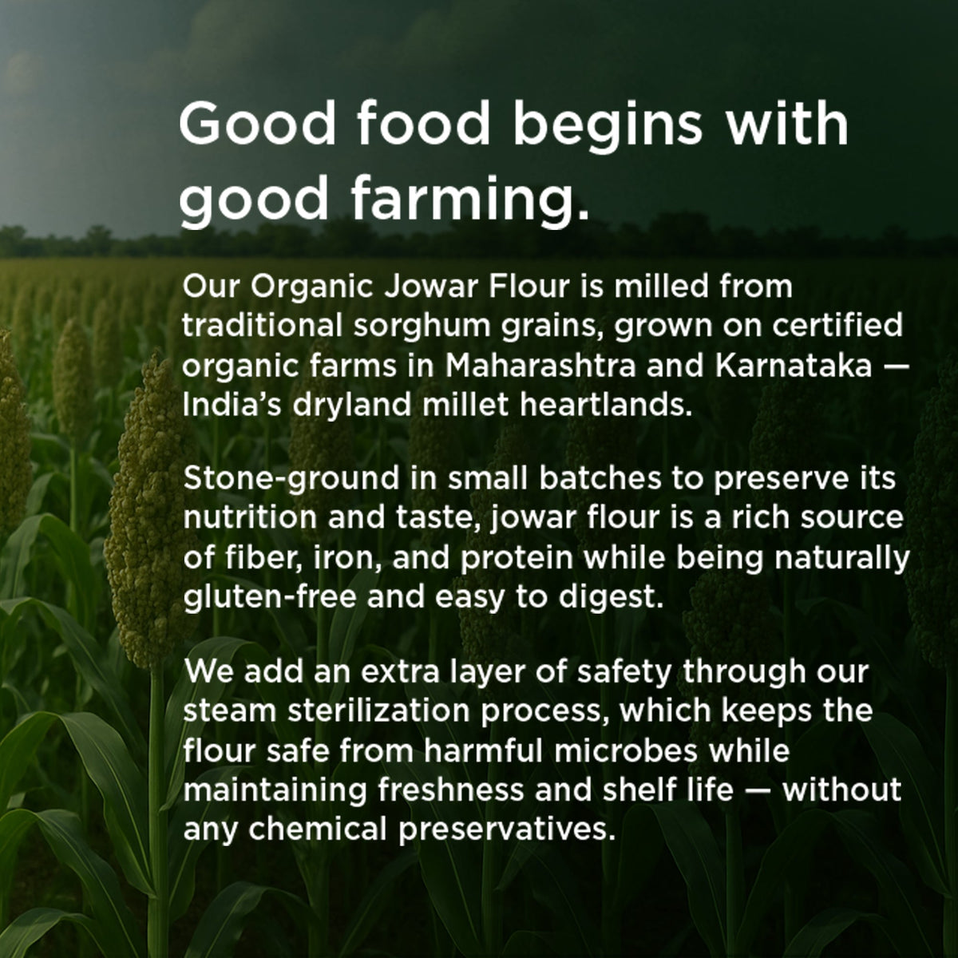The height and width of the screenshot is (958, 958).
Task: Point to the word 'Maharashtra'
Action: (x=540, y=366)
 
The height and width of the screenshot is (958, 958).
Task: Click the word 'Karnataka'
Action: (x=794, y=366)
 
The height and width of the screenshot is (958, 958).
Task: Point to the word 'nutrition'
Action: (x=250, y=517)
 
